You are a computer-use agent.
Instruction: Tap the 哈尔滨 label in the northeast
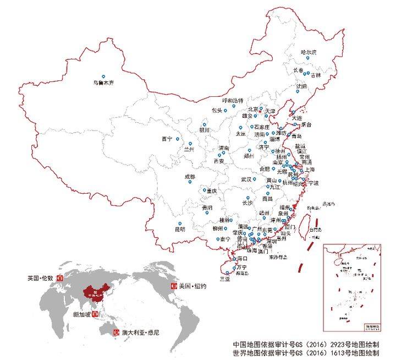(309, 52)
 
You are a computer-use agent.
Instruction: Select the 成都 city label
(190, 177)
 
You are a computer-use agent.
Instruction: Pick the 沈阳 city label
(302, 86)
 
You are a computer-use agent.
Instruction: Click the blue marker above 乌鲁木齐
(103, 77)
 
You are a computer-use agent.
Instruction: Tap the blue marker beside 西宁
(177, 139)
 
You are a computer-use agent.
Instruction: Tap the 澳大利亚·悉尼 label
(137, 333)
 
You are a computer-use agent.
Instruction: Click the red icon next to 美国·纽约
(174, 286)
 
